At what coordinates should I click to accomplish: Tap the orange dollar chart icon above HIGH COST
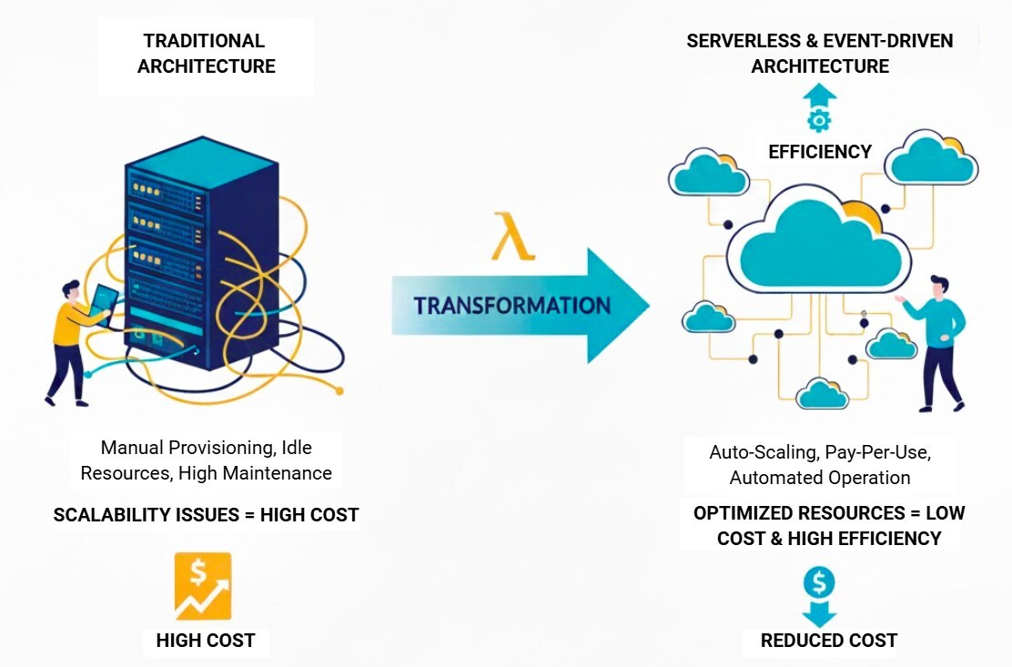203,586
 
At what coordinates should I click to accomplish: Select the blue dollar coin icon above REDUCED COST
819,581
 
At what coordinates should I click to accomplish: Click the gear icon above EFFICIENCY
819,119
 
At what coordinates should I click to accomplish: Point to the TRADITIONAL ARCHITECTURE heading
206,54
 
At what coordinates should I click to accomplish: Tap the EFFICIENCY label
819,152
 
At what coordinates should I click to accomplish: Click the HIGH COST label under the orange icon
205,641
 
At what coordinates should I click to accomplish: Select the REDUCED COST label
828,641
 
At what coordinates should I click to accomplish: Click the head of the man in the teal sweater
938,287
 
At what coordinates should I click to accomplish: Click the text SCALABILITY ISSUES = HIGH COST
206,515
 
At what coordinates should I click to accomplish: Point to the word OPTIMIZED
743,513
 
